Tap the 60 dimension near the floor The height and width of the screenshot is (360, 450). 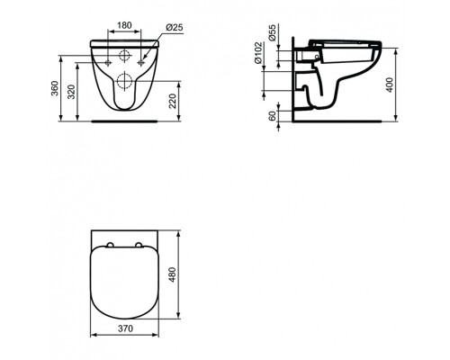(x=272, y=114)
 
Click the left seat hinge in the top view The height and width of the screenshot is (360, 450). (x=109, y=243)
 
